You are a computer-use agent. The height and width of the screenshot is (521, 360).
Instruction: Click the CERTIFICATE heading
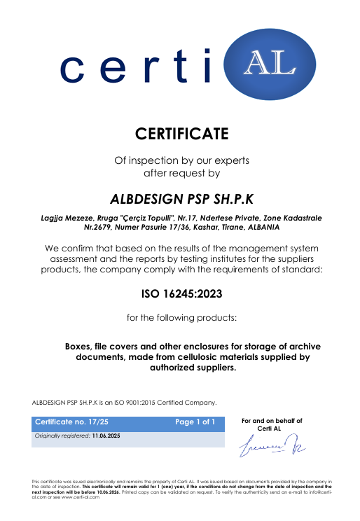click(x=182, y=132)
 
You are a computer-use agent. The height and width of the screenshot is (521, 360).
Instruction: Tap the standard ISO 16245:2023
click(x=182, y=293)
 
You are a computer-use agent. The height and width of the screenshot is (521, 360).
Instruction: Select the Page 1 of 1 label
click(x=199, y=423)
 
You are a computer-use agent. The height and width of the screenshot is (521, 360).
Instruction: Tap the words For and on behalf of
click(x=271, y=421)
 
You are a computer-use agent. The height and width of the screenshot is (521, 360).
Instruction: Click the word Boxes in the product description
click(x=80, y=346)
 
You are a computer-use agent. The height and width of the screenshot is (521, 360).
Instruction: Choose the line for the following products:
click(x=182, y=318)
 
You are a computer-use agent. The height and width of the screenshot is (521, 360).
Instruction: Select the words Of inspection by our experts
click(x=182, y=160)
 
